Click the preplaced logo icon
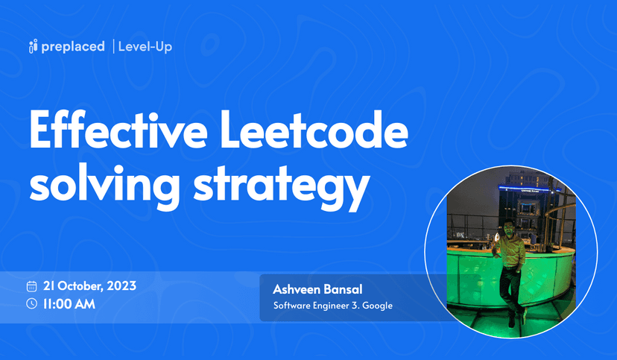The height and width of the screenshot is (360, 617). [x=33, y=47]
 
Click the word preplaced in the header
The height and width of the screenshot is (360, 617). [x=72, y=47]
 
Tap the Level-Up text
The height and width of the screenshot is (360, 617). [x=145, y=47]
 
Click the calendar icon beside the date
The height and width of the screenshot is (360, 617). [x=32, y=286]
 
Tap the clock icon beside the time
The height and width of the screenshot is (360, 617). [x=32, y=303]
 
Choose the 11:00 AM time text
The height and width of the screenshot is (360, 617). [x=69, y=303]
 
